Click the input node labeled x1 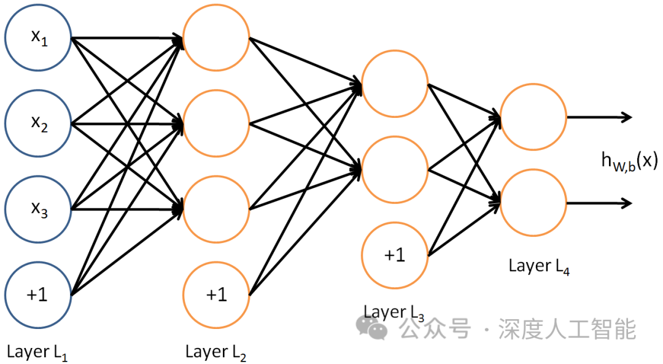point(37,38)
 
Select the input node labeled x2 point(37,124)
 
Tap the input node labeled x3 point(37,209)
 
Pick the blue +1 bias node point(37,294)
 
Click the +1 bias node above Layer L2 point(216,294)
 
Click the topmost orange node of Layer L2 point(216,38)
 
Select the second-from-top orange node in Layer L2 point(216,124)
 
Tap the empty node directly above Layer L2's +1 point(216,209)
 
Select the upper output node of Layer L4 point(533,117)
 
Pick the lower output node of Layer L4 point(533,202)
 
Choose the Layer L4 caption point(539,267)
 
